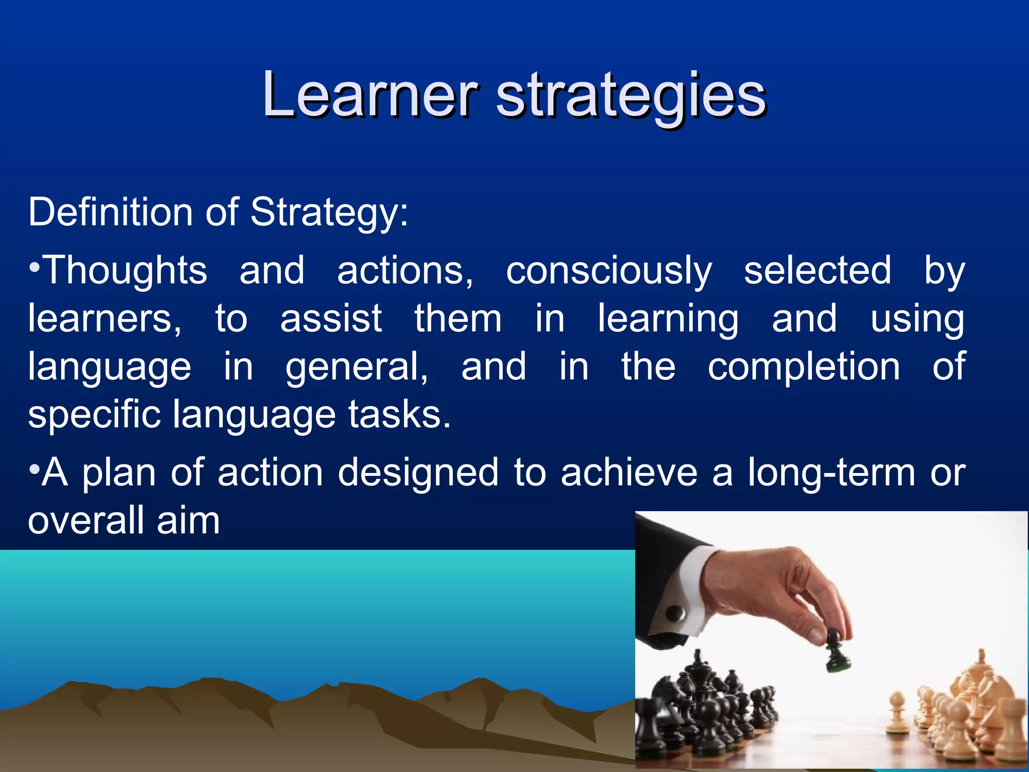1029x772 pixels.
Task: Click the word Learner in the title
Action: coord(369,94)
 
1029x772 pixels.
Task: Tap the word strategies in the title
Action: coord(631,95)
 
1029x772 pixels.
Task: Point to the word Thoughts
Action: coord(126,270)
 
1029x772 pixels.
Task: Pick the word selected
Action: coord(817,270)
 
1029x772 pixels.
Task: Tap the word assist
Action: coord(331,318)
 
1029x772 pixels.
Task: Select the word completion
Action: coord(804,366)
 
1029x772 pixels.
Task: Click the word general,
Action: coord(357,367)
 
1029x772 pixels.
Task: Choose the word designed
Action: coord(418,473)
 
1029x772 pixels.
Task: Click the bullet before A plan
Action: coord(34,470)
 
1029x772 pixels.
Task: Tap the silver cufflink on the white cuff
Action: coord(675,613)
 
